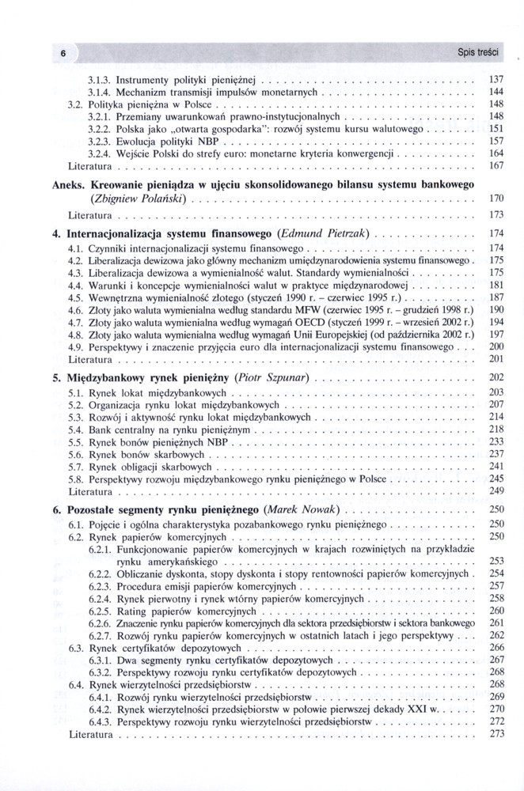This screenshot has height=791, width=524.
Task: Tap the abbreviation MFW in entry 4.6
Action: (x=304, y=311)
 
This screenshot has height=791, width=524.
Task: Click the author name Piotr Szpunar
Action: (x=273, y=377)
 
